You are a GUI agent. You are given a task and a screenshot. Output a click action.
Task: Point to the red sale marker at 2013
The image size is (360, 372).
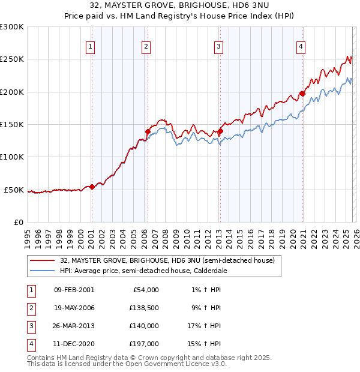click(x=220, y=131)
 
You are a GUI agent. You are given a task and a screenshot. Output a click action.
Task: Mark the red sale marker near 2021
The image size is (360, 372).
click(x=303, y=94)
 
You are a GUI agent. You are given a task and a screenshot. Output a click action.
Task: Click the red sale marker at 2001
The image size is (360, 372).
click(x=92, y=187)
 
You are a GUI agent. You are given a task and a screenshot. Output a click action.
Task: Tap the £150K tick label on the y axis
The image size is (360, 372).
click(x=12, y=124)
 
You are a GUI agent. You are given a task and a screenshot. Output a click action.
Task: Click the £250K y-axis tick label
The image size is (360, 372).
click(x=12, y=59)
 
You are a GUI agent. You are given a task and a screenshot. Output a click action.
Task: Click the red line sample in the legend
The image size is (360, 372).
click(x=41, y=261)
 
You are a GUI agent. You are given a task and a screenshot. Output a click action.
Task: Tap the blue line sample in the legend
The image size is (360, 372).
click(x=41, y=271)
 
